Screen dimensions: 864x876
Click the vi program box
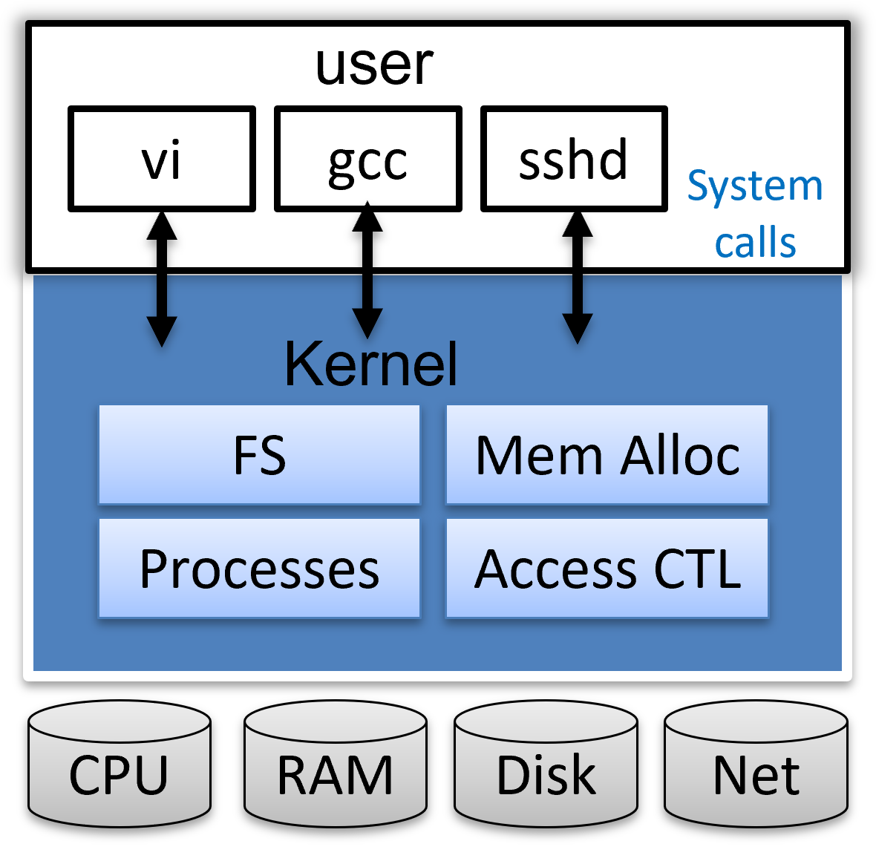(x=162, y=159)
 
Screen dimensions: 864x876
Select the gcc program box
(x=368, y=159)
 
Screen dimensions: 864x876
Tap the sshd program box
(x=574, y=159)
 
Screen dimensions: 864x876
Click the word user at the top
(x=374, y=65)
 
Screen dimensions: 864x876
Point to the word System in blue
(x=755, y=186)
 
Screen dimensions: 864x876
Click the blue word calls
(x=755, y=243)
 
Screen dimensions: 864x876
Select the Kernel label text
(x=370, y=364)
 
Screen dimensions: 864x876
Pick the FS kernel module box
(x=259, y=455)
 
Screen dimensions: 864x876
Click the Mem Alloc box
(x=607, y=455)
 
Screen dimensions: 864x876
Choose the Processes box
(x=259, y=569)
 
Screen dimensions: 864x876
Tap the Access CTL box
(x=607, y=569)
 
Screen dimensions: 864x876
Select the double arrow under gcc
(x=367, y=270)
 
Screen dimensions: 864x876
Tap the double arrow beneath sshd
(x=578, y=278)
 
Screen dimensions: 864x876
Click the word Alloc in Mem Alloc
(x=681, y=455)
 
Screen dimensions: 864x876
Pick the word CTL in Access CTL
(x=697, y=569)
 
